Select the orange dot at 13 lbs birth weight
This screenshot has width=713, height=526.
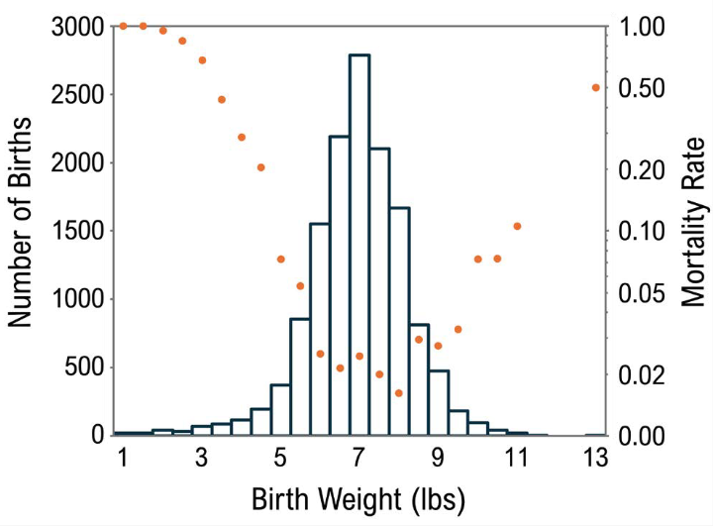(x=596, y=88)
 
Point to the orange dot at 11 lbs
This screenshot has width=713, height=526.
(x=517, y=226)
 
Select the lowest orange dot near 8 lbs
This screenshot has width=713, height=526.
(x=398, y=393)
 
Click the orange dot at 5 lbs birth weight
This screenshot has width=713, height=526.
(x=280, y=260)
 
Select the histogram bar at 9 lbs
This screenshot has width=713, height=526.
(x=438, y=402)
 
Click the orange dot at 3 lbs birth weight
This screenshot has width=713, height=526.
(x=202, y=60)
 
